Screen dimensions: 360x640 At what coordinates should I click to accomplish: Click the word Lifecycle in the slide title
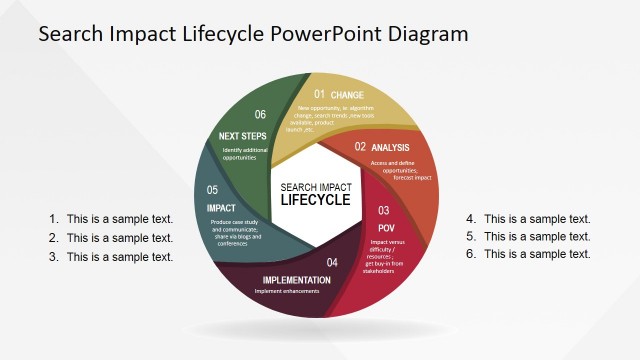click(x=215, y=33)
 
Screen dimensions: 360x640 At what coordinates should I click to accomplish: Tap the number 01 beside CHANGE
click(x=320, y=95)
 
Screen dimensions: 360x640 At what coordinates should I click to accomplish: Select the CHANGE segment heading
click(x=347, y=96)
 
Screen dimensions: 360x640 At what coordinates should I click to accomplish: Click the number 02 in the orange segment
click(x=361, y=147)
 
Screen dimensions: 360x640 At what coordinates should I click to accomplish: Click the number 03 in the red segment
click(x=383, y=211)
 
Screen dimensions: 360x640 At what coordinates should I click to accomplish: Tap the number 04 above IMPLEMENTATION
click(x=332, y=262)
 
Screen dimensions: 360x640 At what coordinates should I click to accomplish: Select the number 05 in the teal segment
click(x=212, y=190)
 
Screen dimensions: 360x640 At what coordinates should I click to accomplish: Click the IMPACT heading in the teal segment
click(x=221, y=208)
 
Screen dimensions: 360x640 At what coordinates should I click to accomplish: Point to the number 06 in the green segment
click(x=260, y=115)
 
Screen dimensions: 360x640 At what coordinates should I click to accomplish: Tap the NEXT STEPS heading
click(x=243, y=135)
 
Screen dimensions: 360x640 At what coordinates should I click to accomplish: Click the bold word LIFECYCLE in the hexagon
click(x=315, y=200)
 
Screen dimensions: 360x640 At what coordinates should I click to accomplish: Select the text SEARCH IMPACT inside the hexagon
click(x=315, y=186)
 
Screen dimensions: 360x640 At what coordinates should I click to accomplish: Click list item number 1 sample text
click(x=119, y=219)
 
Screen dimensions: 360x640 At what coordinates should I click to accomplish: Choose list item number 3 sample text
click(x=119, y=257)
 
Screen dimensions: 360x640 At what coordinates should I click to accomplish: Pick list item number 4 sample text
click(x=537, y=219)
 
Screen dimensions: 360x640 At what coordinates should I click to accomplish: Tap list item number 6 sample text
click(x=537, y=254)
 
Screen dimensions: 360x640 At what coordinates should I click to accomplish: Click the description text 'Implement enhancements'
click(x=286, y=291)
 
